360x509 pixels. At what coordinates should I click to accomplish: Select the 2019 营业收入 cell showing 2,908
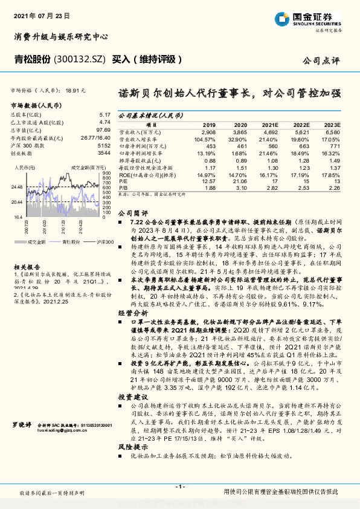[x=208, y=131]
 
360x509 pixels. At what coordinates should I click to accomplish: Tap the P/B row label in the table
[x=123, y=187]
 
